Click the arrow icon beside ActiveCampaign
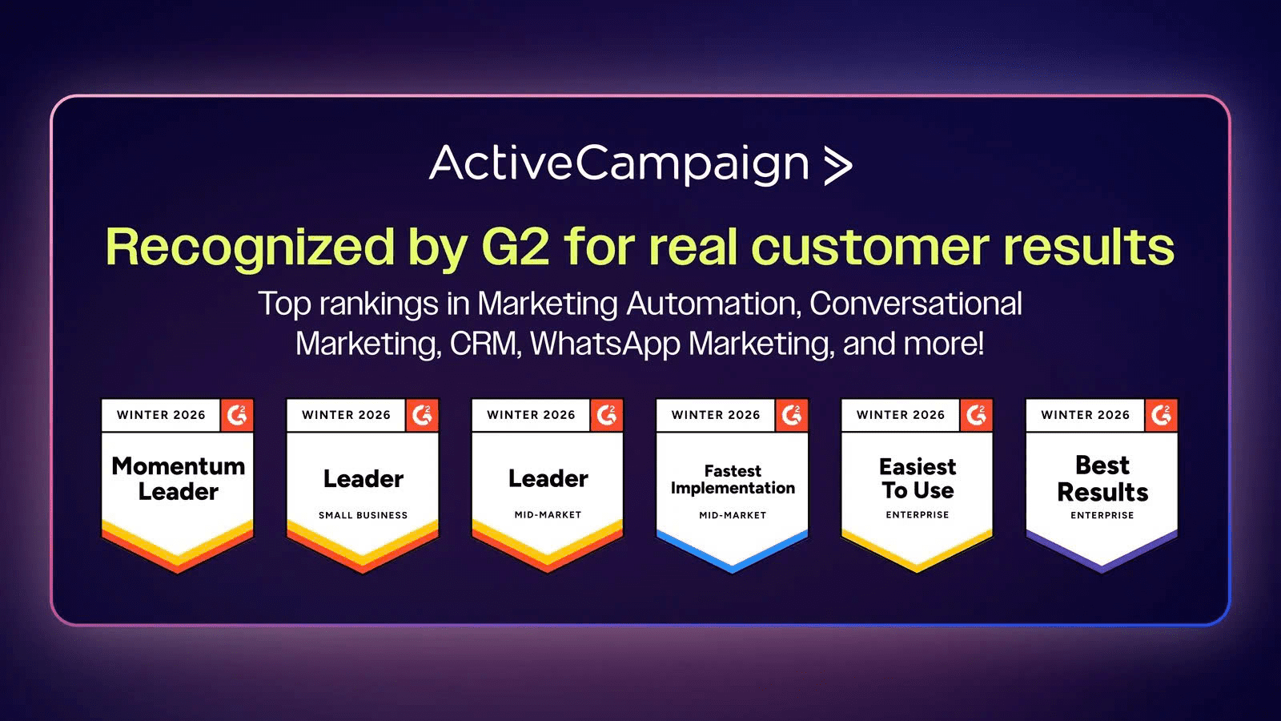838,166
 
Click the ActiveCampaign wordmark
620,165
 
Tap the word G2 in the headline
516,248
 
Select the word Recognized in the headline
250,248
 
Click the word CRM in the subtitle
484,344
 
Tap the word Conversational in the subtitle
916,304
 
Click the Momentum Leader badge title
178,479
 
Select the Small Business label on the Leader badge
363,515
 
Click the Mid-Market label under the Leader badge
548,515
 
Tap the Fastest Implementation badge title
733,480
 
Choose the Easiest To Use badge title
918,478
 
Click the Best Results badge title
1102,478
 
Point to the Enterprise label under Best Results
1102,515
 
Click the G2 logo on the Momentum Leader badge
237,415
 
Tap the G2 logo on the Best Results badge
1161,415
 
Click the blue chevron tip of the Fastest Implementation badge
733,570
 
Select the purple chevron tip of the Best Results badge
1102,570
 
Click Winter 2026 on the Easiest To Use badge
901,415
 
